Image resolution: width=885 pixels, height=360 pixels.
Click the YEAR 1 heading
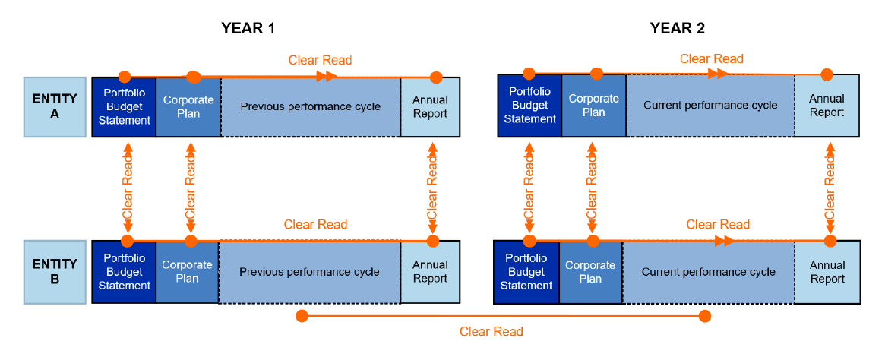pos(248,28)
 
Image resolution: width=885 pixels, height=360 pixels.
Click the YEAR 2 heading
pos(677,28)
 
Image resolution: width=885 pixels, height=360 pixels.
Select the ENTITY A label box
pos(54,107)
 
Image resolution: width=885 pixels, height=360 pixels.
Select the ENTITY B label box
pos(54,272)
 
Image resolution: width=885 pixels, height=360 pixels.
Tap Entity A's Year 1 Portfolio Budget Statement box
pos(124,107)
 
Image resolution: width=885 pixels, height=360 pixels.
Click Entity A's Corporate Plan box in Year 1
pos(188,107)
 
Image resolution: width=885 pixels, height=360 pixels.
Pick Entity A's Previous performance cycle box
pos(310,107)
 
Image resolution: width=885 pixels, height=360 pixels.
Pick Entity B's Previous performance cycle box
pos(309,272)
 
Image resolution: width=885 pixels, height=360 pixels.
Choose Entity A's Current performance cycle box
pos(710,106)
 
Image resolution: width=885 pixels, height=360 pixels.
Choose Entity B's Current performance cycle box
pos(708,272)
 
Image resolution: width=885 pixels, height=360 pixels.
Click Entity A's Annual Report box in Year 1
pos(430,107)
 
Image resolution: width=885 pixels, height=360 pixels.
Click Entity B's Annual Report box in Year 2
pos(827,272)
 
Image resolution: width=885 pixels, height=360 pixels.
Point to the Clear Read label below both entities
pos(491,332)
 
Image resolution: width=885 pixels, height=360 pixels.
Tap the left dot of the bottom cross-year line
pos(302,315)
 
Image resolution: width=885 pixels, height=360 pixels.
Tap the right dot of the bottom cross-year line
pos(705,315)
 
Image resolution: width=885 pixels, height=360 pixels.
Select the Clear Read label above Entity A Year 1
pos(320,60)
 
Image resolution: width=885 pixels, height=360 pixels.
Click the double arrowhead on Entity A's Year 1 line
pos(327,76)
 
